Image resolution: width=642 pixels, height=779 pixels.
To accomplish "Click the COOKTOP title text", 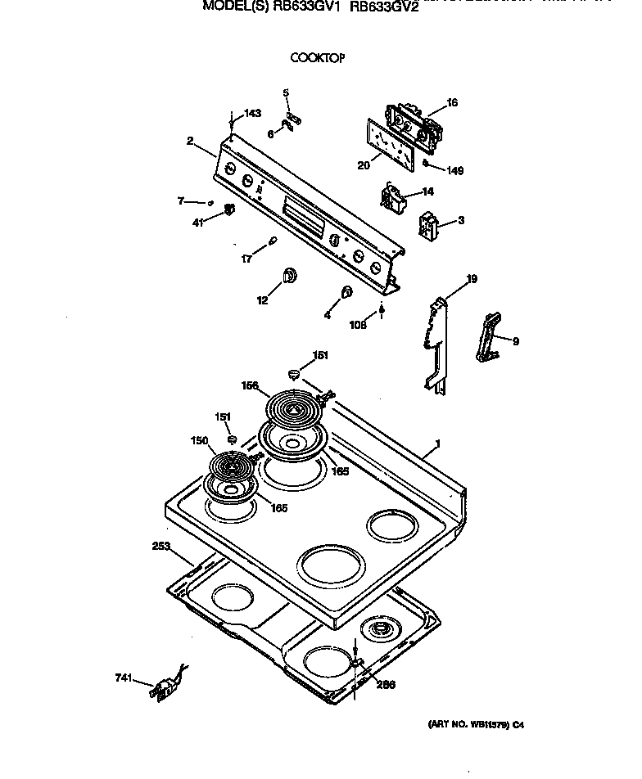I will click(x=318, y=58).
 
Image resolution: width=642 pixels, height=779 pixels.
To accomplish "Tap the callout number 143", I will click(x=253, y=113).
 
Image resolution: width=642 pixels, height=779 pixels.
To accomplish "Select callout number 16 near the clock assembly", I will click(x=452, y=103).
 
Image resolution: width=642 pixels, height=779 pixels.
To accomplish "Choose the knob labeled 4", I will click(x=346, y=292).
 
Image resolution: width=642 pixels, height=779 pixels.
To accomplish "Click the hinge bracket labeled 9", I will click(x=489, y=336).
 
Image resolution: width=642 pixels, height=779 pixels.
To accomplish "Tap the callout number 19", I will click(x=472, y=280).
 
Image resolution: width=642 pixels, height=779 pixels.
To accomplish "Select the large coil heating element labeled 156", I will click(x=296, y=407).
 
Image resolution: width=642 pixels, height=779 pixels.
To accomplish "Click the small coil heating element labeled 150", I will click(x=231, y=468).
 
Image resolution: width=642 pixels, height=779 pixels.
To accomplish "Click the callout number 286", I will click(x=385, y=684).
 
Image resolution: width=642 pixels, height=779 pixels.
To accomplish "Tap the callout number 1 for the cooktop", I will click(x=438, y=444).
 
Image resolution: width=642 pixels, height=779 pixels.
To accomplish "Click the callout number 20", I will click(x=364, y=165).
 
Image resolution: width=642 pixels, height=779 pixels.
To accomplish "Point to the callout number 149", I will click(x=454, y=171).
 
